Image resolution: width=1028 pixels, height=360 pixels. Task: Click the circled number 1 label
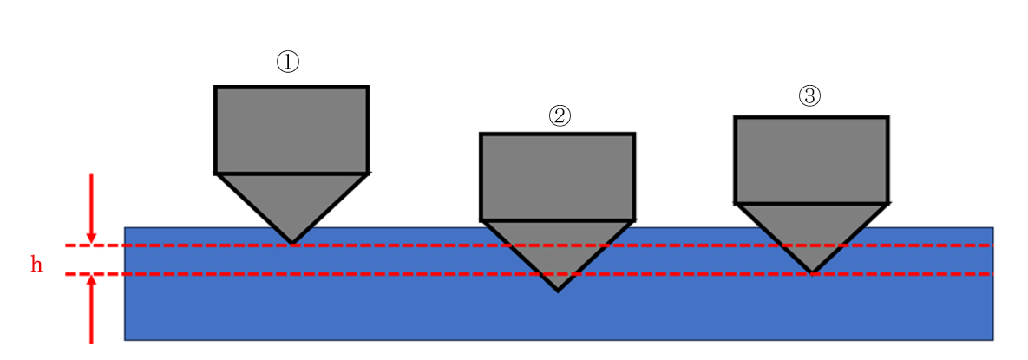(287, 62)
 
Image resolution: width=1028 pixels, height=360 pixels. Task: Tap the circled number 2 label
(560, 115)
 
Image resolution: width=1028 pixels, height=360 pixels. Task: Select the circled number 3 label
(809, 96)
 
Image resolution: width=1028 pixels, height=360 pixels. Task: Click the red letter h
(36, 265)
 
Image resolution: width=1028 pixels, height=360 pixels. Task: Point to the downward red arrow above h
(91, 208)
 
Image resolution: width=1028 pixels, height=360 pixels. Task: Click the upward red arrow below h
(91, 308)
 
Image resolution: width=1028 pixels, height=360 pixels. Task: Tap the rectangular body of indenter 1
(291, 130)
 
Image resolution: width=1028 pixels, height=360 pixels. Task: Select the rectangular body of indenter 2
(557, 176)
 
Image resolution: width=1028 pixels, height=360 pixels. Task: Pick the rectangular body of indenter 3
(811, 160)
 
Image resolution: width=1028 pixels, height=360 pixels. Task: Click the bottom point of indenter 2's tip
(557, 290)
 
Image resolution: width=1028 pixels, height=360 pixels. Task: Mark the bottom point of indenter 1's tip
(291, 243)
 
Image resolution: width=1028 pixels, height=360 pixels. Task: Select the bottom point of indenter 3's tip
(812, 272)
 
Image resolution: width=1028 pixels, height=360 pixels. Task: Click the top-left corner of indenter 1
(216, 88)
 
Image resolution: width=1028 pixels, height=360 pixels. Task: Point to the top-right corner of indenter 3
(887, 117)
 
